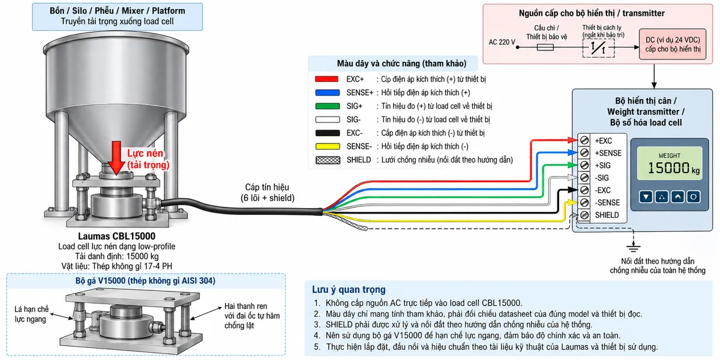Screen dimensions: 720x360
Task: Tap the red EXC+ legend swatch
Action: tap(326, 79)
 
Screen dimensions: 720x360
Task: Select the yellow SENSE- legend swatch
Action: tap(328, 146)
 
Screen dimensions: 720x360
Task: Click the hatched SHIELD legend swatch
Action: tap(328, 160)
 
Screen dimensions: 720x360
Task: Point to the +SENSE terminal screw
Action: tap(584, 152)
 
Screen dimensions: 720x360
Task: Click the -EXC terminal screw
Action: tap(584, 190)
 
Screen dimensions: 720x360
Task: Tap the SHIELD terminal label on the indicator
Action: tap(607, 215)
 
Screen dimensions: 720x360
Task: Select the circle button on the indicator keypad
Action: tap(694, 197)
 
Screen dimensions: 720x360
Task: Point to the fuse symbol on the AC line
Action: tap(545, 47)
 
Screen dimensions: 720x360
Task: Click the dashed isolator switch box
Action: tap(598, 48)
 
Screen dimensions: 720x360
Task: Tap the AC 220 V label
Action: tap(502, 42)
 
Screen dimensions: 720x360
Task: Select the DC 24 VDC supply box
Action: tap(673, 44)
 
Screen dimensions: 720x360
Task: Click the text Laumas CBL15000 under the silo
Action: tap(116, 236)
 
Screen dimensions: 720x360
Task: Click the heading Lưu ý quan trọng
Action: tap(349, 290)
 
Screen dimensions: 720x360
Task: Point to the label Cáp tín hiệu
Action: tap(267, 187)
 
